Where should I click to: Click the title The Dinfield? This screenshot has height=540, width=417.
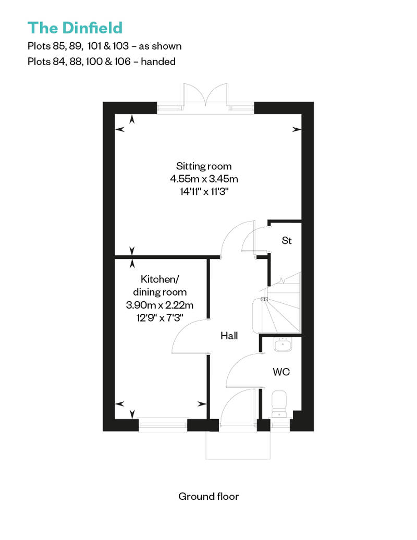tap(75, 28)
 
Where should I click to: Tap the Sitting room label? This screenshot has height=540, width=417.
tap(204, 166)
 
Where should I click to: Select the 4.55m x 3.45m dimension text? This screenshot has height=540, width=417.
tap(204, 179)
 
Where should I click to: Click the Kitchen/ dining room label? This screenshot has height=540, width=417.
tap(160, 286)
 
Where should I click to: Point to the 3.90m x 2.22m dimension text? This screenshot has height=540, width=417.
tap(160, 305)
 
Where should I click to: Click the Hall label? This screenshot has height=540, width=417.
tap(229, 336)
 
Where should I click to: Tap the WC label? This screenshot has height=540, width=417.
tap(281, 372)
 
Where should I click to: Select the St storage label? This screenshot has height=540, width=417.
tap(287, 240)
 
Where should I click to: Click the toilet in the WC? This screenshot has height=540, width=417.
tap(279, 404)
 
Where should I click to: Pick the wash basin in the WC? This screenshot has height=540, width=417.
tap(283, 345)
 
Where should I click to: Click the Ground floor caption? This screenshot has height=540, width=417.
tap(208, 496)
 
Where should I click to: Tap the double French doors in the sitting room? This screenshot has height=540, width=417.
tap(205, 95)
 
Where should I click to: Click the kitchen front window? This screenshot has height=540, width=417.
tap(163, 425)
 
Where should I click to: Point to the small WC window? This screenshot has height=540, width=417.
tap(280, 425)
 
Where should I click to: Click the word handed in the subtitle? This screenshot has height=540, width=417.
tap(158, 62)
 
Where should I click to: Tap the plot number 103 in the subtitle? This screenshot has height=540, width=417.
tap(120, 46)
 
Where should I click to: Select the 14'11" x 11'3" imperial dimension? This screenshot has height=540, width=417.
tap(204, 191)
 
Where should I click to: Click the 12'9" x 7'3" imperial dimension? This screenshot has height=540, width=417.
tap(160, 317)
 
